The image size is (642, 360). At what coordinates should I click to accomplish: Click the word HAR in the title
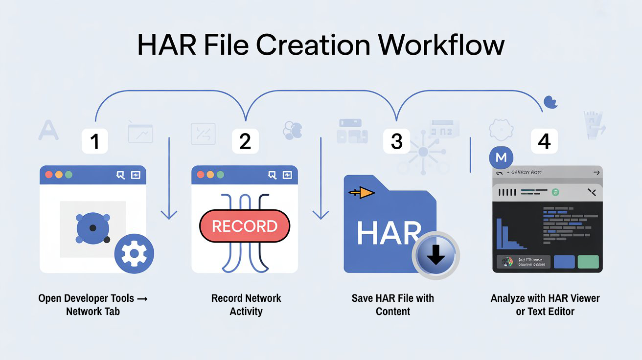[x=165, y=45]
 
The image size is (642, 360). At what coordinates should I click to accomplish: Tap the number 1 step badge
[x=94, y=142]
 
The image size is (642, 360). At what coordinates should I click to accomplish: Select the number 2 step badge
[x=245, y=142]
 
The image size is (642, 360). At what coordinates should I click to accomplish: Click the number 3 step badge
[x=396, y=142]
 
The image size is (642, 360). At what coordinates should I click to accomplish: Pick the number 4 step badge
[x=544, y=142]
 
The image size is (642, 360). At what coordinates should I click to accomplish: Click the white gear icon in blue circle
[x=134, y=253]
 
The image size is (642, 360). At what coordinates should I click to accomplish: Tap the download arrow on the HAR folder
[x=436, y=254]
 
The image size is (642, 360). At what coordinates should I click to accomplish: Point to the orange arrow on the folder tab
[x=362, y=193]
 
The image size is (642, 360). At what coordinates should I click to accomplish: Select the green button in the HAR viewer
[x=588, y=262]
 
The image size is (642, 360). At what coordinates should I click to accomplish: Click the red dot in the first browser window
[x=48, y=175]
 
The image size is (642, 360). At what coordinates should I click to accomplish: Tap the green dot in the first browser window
[x=69, y=175]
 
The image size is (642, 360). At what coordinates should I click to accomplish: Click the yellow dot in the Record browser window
[x=210, y=175]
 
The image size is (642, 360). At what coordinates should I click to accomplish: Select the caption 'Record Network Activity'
[x=246, y=305]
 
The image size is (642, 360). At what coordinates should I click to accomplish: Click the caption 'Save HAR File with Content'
[x=393, y=305]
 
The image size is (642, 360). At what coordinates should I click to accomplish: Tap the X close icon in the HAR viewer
[x=592, y=192]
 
